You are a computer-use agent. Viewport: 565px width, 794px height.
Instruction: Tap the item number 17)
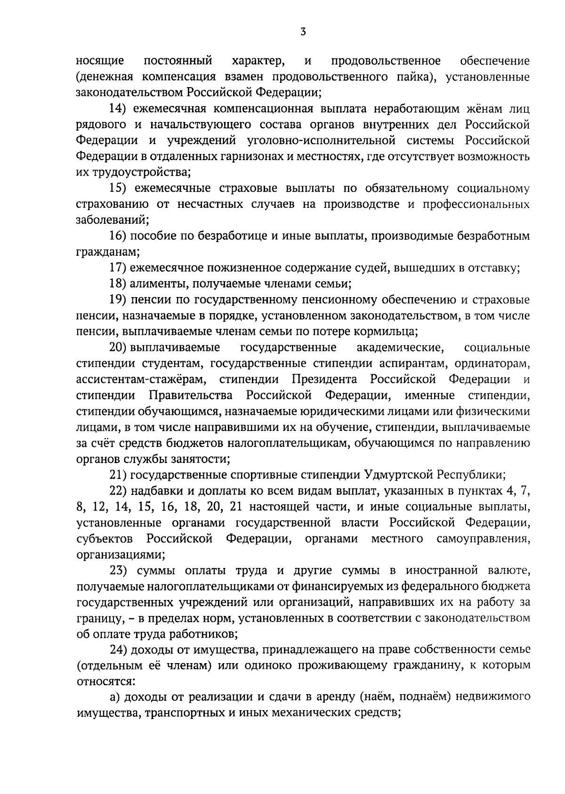click(118, 268)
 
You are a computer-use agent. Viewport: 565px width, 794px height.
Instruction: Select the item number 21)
click(118, 474)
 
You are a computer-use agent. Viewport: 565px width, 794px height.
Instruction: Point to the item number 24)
click(118, 650)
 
